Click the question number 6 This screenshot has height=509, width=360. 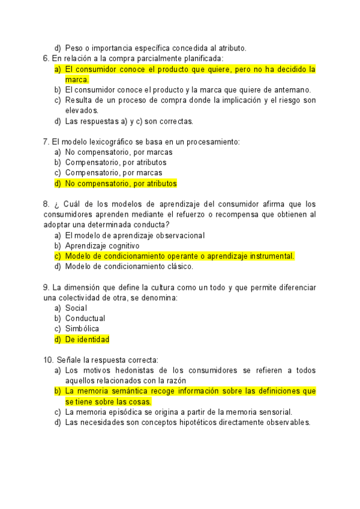pos(46,58)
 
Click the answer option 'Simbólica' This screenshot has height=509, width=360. pos(83,328)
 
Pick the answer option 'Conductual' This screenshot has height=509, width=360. pos(85,318)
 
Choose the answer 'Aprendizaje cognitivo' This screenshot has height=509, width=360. pos(102,245)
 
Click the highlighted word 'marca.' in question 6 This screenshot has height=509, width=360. pos(77,79)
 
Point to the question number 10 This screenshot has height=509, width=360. pos(49,360)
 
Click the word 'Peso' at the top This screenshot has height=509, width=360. pos(73,48)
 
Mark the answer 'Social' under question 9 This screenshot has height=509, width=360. pos(76,308)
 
